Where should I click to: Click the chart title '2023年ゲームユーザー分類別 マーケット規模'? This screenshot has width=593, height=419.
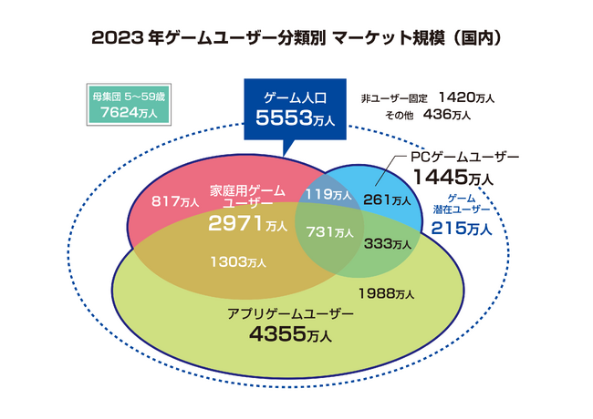pos(297,40)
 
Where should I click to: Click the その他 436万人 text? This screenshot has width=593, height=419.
pos(429,115)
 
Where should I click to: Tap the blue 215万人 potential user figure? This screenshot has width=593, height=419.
pos(462,228)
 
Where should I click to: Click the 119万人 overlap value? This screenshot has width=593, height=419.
pos(328,194)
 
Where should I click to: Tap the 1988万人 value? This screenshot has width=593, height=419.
pos(386,293)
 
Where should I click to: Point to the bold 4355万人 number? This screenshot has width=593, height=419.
pos(290,334)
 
